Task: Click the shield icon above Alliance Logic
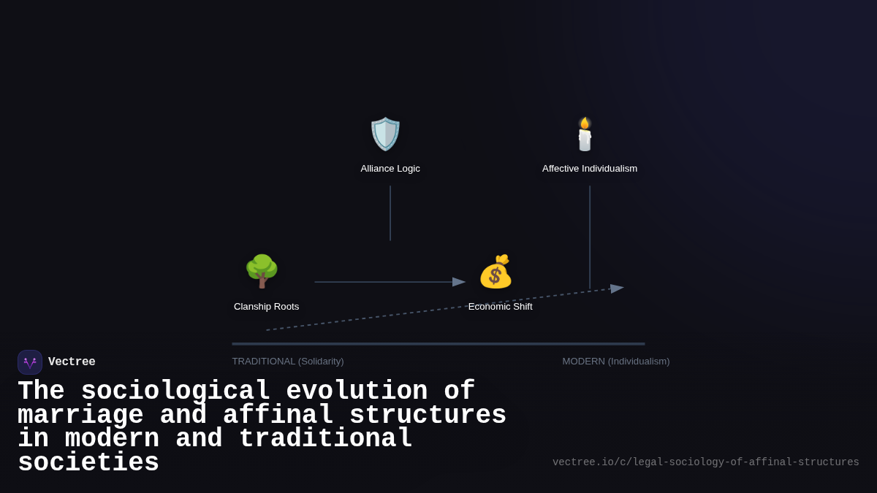tap(386, 134)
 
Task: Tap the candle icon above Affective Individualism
tap(585, 134)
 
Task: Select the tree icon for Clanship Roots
tap(262, 271)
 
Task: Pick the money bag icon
tap(496, 272)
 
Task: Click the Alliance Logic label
tap(390, 169)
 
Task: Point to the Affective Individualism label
tap(590, 169)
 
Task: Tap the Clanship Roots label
tap(266, 307)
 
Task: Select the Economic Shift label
tap(501, 307)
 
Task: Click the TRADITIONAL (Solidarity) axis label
tap(288, 362)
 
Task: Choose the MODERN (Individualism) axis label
tap(616, 362)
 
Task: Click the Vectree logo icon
tap(30, 362)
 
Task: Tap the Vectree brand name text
tap(72, 362)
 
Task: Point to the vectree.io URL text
tap(705, 462)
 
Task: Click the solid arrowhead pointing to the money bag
tap(459, 282)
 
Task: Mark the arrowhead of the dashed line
tap(618, 288)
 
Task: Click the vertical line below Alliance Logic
tap(390, 213)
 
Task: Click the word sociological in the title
tap(175, 391)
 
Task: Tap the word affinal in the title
tap(278, 416)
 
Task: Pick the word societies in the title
tap(88, 463)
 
